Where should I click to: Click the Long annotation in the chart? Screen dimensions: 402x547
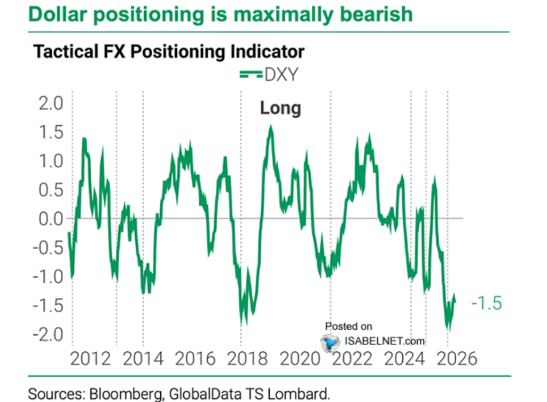(280, 109)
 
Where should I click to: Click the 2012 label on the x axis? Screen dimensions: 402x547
(91, 358)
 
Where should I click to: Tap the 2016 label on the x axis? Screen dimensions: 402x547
(196, 358)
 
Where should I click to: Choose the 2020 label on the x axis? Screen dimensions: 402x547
(300, 358)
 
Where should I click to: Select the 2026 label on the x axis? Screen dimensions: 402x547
(455, 358)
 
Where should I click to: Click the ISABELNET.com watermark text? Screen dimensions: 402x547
(384, 341)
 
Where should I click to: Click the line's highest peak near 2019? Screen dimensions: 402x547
(271, 126)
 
